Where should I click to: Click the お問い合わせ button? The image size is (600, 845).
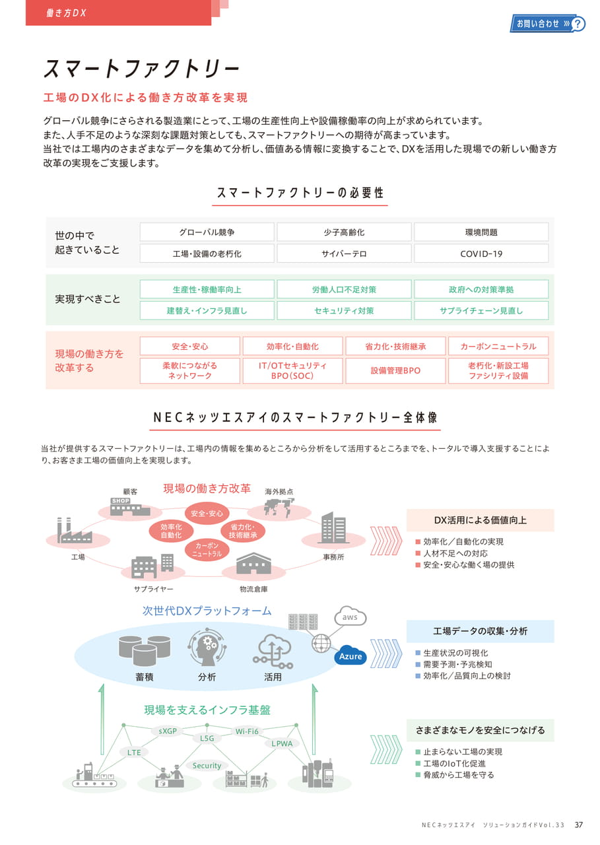(547, 24)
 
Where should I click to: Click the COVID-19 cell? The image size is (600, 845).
(481, 253)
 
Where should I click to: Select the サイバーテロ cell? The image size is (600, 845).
(344, 253)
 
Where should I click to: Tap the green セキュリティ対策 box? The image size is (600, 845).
(344, 311)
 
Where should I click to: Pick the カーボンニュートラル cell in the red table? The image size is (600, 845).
(498, 347)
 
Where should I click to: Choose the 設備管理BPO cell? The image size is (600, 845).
(395, 371)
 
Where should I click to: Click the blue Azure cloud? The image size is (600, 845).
(350, 657)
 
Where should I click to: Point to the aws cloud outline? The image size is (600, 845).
(350, 617)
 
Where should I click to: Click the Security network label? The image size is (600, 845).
(207, 765)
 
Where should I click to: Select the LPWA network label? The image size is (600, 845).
(282, 743)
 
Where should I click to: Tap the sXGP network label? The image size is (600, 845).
(168, 731)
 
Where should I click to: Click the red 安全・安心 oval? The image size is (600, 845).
(207, 514)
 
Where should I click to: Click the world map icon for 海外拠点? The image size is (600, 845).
(279, 508)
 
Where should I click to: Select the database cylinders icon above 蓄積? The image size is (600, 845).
(145, 651)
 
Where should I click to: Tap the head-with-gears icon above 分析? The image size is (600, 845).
(207, 647)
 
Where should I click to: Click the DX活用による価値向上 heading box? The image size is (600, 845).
(480, 520)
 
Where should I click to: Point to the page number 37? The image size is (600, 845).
(578, 825)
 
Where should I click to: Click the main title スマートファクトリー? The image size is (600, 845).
(142, 68)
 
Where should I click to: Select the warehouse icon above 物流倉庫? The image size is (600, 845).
(253, 564)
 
